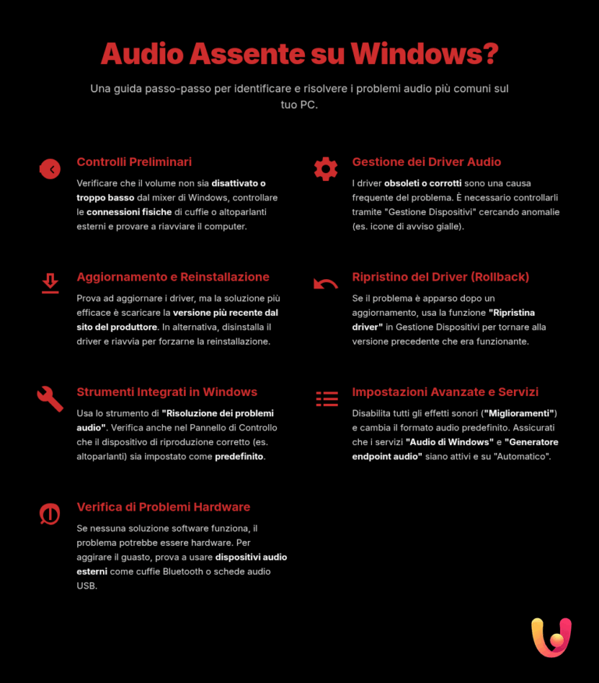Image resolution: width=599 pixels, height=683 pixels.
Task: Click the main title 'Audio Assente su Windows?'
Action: click(x=299, y=55)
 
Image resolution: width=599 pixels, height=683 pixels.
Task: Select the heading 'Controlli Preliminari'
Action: click(x=134, y=162)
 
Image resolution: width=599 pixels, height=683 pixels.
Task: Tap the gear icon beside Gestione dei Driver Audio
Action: click(x=325, y=168)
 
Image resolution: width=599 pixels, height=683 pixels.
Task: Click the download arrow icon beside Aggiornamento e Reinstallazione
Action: click(x=50, y=283)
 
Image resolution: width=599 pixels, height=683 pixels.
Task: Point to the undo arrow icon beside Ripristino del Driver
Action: click(x=325, y=284)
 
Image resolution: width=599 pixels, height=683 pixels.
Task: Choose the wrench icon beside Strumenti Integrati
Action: click(x=50, y=398)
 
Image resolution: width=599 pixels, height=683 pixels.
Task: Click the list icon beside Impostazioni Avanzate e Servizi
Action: click(x=326, y=398)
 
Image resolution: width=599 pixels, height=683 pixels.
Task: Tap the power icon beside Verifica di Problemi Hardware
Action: click(x=50, y=514)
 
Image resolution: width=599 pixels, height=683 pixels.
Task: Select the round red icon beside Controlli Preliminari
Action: click(x=50, y=168)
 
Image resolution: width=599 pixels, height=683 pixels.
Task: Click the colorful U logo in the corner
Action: click(x=551, y=637)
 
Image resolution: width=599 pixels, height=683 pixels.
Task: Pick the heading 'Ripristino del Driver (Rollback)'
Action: click(x=441, y=277)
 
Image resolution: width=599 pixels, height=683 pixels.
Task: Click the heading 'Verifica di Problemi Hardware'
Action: click(x=163, y=508)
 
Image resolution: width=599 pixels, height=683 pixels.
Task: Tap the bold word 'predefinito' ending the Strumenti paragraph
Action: click(x=239, y=457)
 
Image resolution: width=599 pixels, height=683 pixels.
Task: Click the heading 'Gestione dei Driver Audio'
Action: click(x=427, y=162)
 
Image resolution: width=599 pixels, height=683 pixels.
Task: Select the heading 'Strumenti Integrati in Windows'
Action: click(x=167, y=392)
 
